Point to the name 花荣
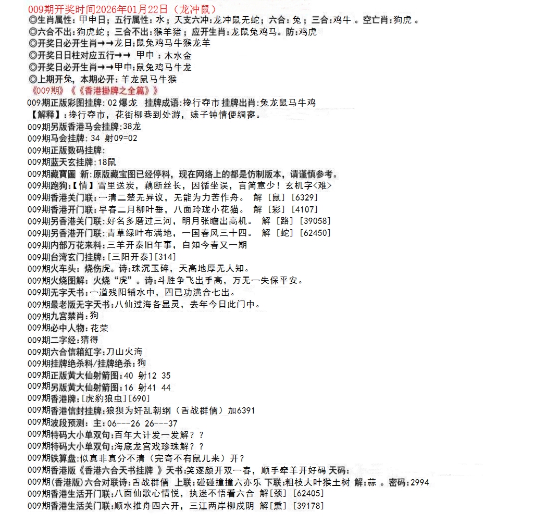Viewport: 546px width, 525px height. tap(100, 328)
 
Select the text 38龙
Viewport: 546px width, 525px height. tap(132, 127)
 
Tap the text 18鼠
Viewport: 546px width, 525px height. tap(107, 162)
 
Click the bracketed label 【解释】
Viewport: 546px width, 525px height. tap(46, 115)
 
